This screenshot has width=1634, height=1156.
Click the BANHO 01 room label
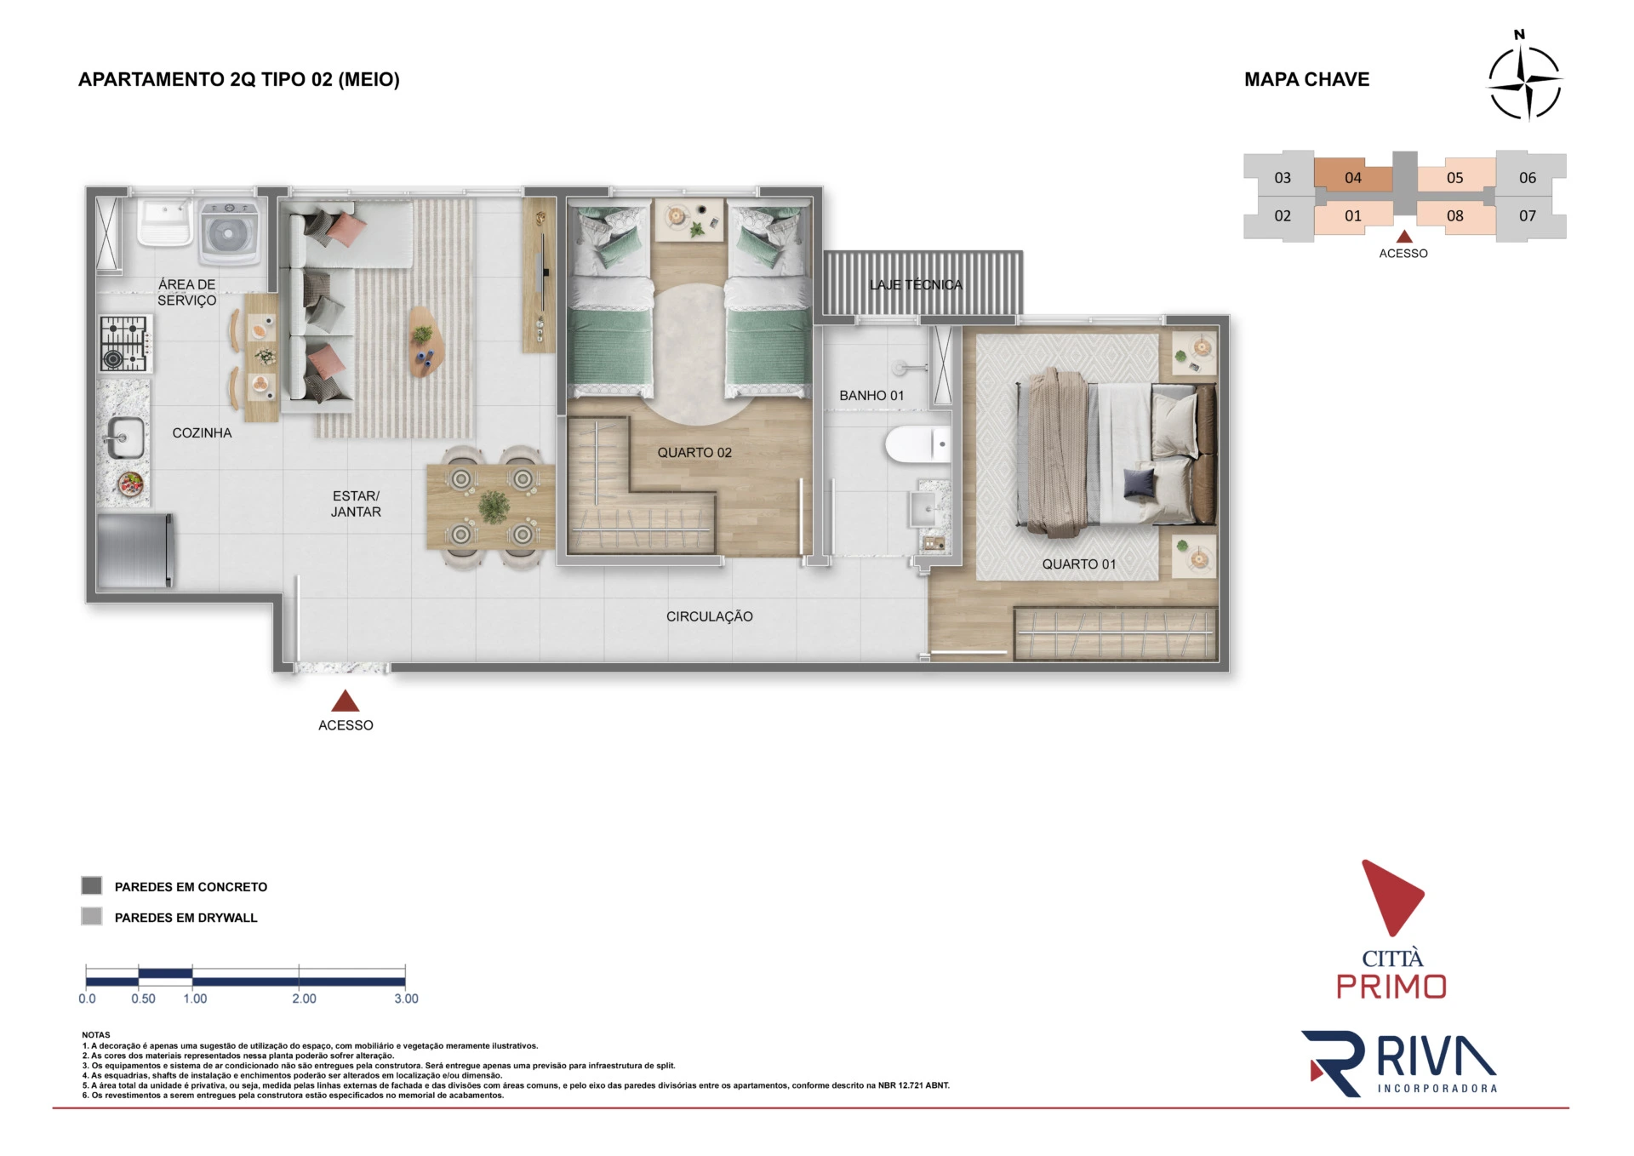(x=871, y=396)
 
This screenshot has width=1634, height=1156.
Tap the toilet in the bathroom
(x=917, y=444)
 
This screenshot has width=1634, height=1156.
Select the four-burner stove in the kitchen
(x=124, y=344)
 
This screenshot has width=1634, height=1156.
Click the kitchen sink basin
(x=125, y=438)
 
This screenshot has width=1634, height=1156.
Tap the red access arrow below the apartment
(x=345, y=701)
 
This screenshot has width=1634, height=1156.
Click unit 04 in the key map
(x=1353, y=177)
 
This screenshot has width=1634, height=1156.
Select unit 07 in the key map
(x=1528, y=216)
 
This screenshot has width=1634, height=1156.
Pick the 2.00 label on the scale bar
(x=304, y=999)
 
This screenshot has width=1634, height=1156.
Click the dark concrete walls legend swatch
(x=92, y=885)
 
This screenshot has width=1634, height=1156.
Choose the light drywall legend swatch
(x=92, y=916)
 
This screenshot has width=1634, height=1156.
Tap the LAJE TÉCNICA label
(x=916, y=285)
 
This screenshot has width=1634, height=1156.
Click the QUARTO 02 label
(x=694, y=453)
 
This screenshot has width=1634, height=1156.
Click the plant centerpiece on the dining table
(x=494, y=506)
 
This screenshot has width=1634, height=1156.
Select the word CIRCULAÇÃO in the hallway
(x=710, y=616)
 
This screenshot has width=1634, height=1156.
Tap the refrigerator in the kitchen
(x=135, y=550)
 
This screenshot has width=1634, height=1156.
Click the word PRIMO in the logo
(x=1391, y=987)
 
